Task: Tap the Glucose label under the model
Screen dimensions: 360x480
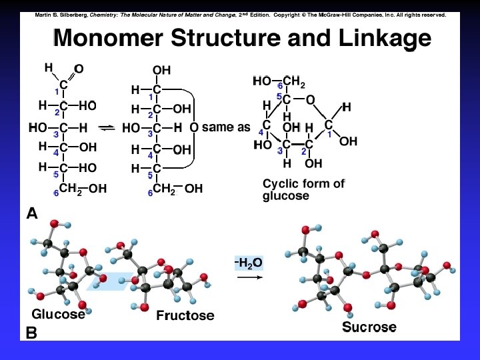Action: click(x=59, y=313)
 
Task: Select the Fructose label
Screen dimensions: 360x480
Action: click(x=185, y=315)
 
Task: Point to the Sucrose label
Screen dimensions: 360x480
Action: click(x=369, y=327)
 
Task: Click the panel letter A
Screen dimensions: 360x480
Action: click(x=32, y=213)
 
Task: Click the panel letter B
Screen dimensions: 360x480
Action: click(x=31, y=332)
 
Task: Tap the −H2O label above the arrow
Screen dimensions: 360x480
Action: click(x=249, y=263)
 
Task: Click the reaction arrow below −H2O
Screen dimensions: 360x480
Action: click(x=249, y=278)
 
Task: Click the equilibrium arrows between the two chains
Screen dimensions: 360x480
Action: click(x=107, y=127)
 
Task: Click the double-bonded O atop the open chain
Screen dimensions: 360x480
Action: click(x=79, y=69)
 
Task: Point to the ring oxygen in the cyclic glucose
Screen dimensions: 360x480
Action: click(x=310, y=100)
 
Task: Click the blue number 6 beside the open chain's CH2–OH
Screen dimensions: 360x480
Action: click(x=57, y=193)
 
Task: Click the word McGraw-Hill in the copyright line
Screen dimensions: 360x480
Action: click(x=346, y=15)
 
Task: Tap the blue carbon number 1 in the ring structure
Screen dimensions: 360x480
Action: click(x=329, y=135)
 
